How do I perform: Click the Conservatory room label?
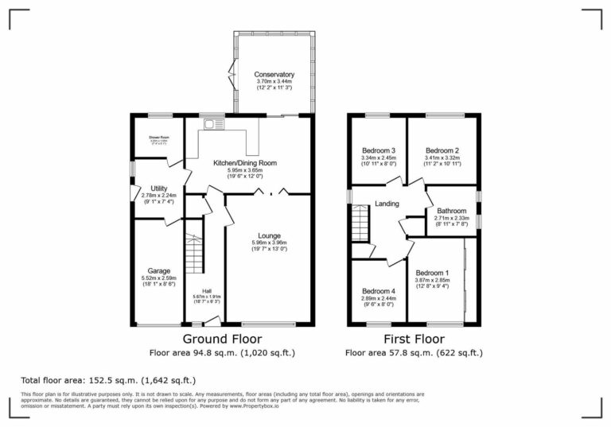(x=274, y=75)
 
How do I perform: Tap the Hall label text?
(x=206, y=291)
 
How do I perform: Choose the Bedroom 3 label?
(x=379, y=150)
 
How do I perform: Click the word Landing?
(x=387, y=204)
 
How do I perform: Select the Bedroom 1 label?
(x=432, y=272)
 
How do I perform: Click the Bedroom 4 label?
(x=378, y=291)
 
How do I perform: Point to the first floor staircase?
(x=362, y=222)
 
